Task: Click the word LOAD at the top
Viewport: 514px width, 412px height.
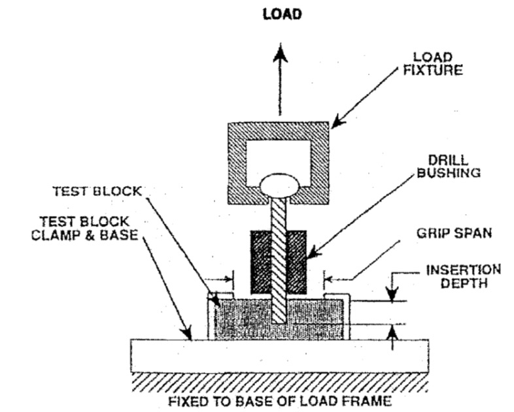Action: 282,14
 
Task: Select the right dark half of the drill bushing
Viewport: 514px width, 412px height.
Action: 298,261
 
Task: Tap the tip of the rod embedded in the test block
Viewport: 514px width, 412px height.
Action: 280,320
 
